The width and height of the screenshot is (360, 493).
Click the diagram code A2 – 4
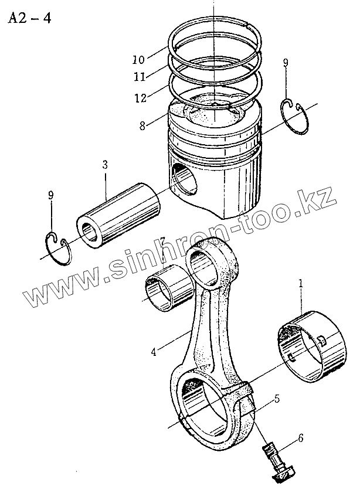point(29,18)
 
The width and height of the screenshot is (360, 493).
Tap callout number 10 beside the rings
point(138,59)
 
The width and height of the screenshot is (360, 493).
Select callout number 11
point(138,76)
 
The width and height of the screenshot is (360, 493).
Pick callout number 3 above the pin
point(104,166)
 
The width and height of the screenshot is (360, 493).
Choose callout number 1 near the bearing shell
point(301,283)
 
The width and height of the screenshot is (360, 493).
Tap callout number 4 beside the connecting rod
point(154,352)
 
